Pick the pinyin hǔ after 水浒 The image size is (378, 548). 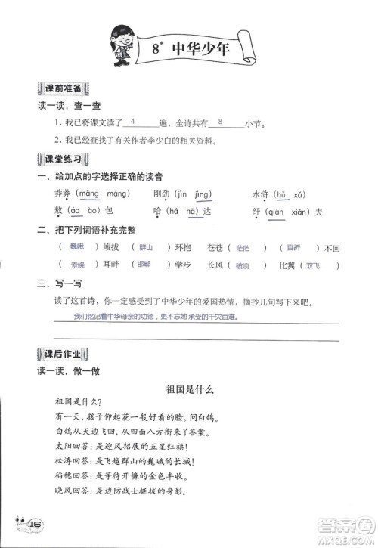279,194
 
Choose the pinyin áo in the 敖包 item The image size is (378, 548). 75,211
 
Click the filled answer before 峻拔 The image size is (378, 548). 76,247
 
